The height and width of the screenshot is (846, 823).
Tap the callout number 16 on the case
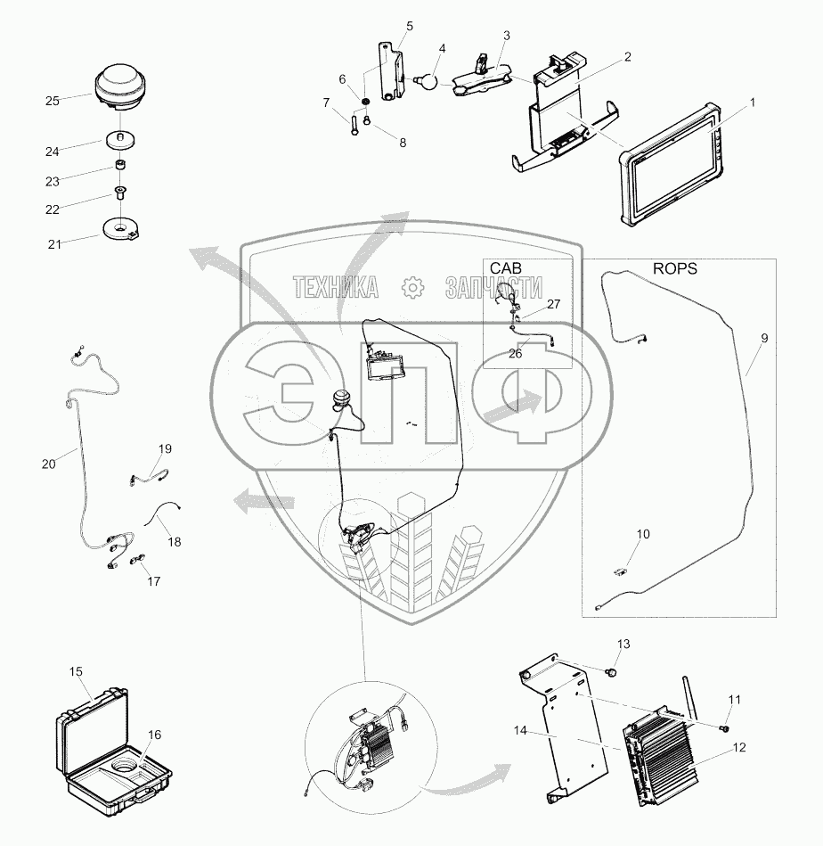tap(154, 735)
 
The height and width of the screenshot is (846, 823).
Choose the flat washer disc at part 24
tap(118, 140)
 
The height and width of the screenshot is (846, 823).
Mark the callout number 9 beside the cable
tap(763, 339)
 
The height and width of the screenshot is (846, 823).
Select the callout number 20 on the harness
tap(48, 464)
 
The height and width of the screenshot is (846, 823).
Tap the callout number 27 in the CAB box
tap(554, 304)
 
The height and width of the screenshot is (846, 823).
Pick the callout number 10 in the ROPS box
tap(642, 534)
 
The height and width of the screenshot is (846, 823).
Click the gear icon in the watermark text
tap(411, 286)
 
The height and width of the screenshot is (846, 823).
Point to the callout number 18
tap(174, 541)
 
